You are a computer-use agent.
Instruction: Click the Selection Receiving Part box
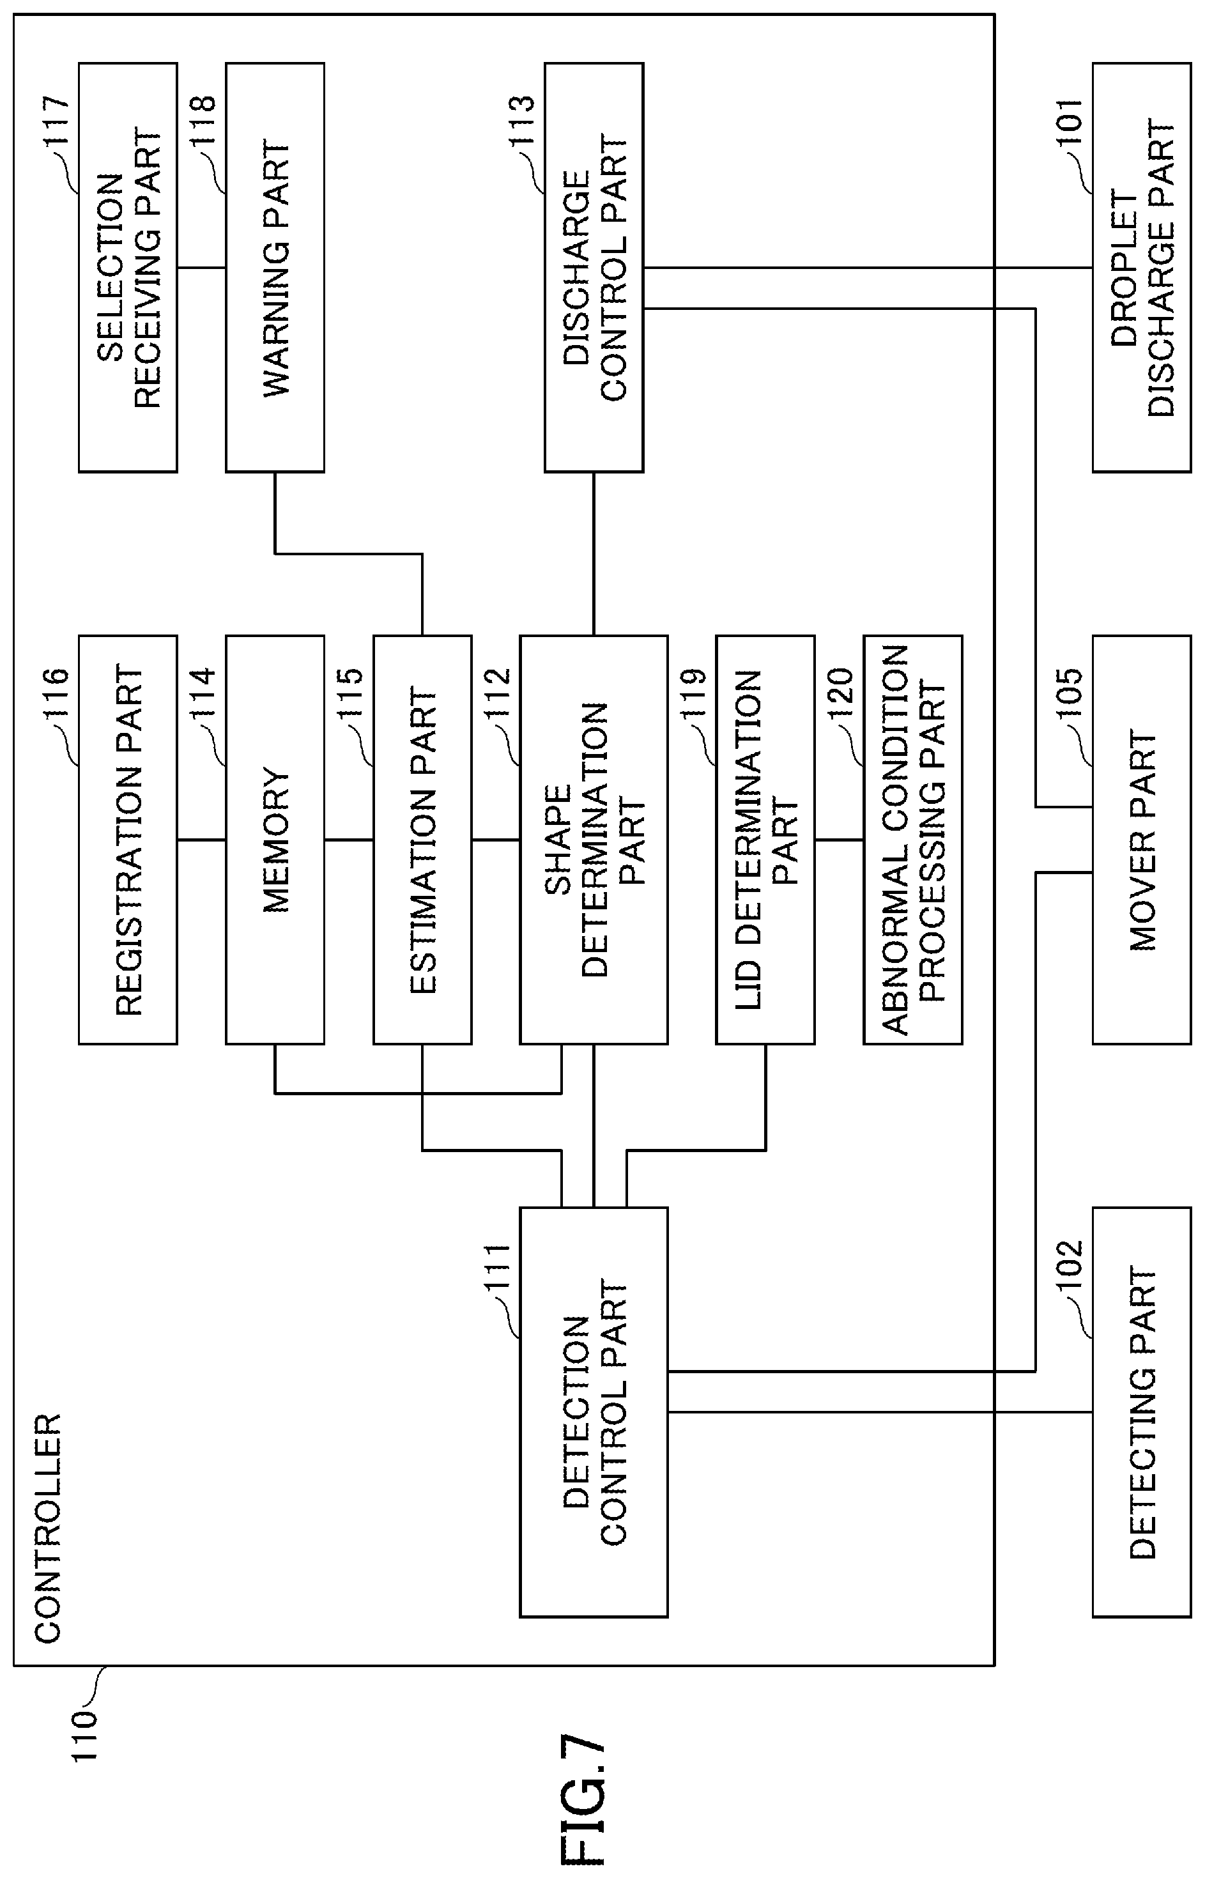128,268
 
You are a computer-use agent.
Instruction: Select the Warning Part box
275,268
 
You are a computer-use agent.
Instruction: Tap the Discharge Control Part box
594,268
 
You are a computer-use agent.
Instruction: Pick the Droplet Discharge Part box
1142,268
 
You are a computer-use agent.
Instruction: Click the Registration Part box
128,840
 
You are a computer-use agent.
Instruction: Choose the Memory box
275,840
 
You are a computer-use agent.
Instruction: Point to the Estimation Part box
422,840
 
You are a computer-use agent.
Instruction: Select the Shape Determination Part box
594,840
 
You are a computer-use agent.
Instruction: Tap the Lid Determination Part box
765,840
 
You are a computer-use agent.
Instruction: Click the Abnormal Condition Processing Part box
913,840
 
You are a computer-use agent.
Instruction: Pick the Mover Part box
1142,840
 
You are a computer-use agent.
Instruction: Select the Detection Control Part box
594,1412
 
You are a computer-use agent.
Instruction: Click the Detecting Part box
1142,1412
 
